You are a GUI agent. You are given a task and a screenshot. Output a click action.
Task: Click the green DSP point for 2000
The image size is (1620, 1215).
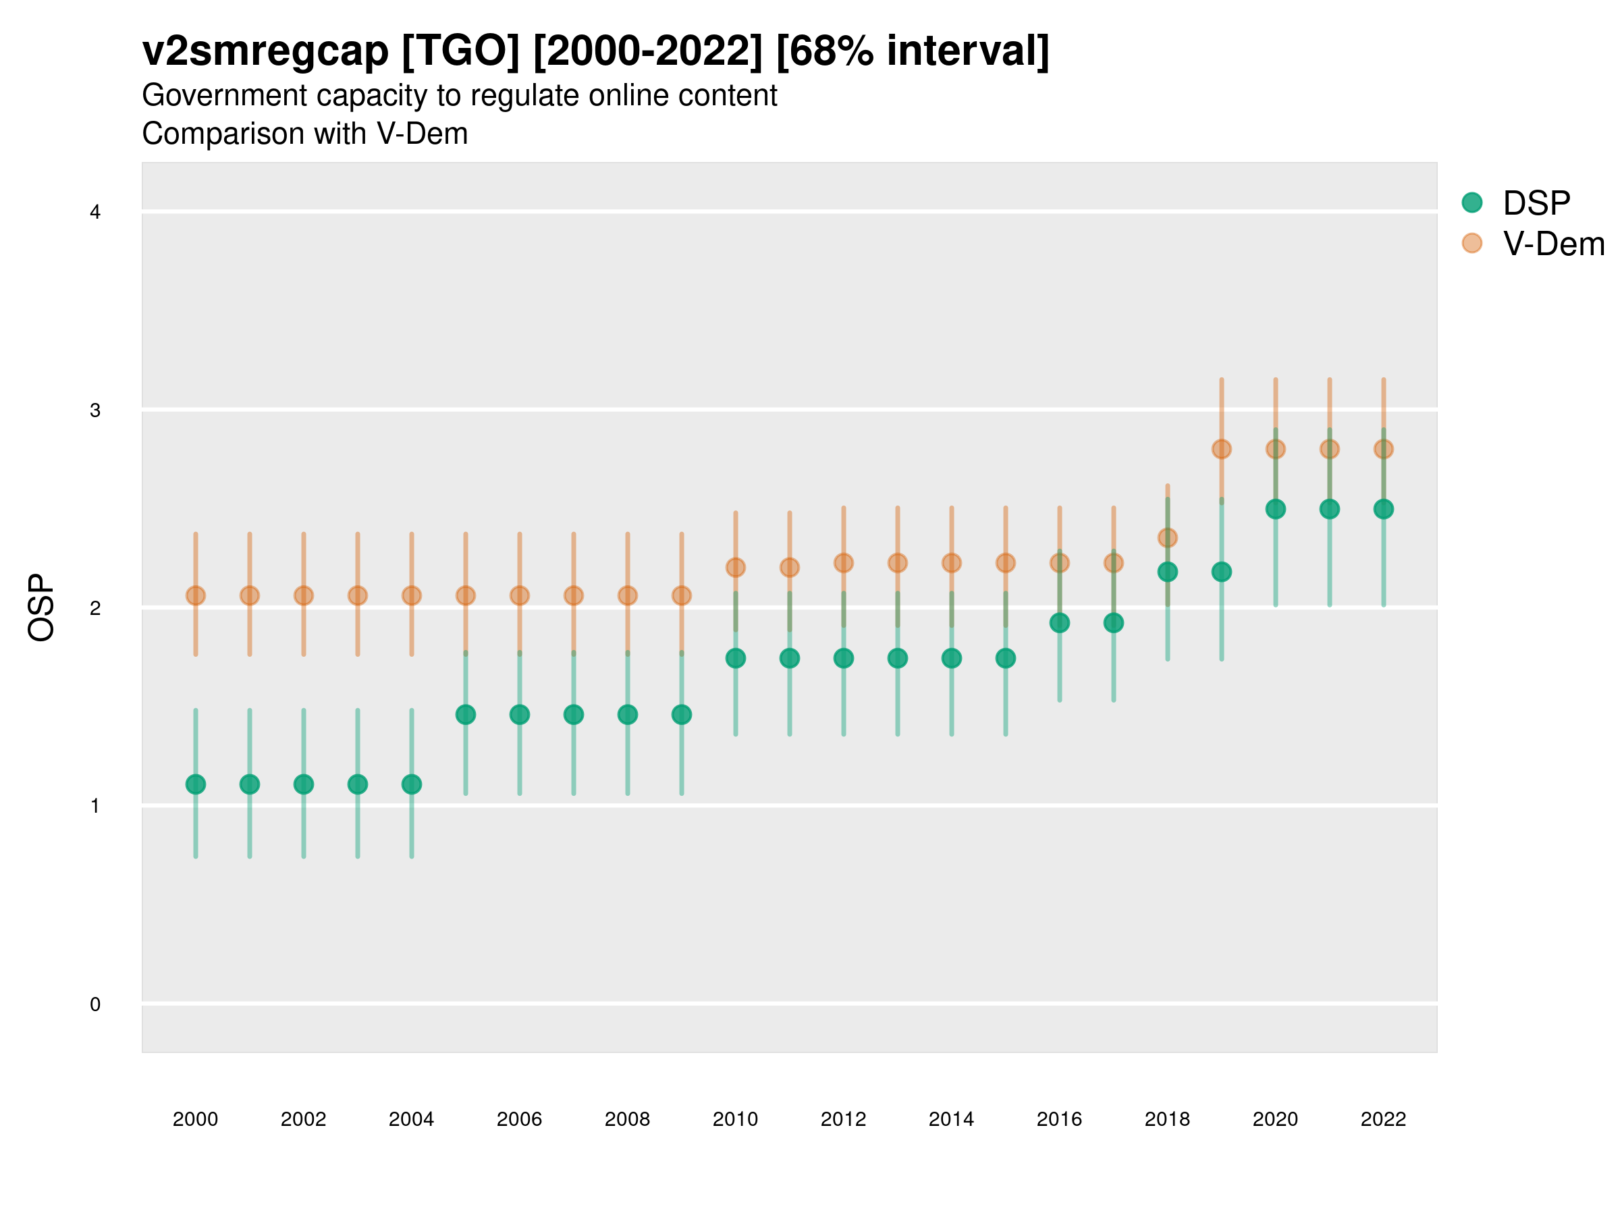(196, 784)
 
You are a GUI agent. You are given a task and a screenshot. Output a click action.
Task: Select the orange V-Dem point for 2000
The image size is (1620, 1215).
(196, 595)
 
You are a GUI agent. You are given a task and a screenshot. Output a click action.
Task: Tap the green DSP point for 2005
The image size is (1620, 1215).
(466, 714)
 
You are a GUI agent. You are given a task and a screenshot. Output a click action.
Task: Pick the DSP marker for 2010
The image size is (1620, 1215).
(735, 658)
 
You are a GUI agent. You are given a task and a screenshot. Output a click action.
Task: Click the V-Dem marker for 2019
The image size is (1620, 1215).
(1222, 449)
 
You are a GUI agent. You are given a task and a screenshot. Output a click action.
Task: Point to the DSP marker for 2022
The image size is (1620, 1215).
(1384, 509)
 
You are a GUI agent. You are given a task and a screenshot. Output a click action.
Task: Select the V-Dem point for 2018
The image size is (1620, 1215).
(1167, 538)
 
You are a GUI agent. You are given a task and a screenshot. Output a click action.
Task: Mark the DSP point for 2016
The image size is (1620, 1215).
(1060, 622)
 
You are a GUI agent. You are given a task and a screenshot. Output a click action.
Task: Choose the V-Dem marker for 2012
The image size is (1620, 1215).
(844, 562)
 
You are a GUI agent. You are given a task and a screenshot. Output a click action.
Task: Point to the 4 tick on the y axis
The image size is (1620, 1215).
(95, 213)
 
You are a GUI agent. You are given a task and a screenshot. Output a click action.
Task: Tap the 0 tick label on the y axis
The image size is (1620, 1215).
(95, 1004)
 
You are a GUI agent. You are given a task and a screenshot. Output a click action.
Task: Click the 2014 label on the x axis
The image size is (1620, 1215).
(951, 1119)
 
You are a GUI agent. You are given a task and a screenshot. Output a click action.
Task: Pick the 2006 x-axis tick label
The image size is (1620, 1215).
(519, 1119)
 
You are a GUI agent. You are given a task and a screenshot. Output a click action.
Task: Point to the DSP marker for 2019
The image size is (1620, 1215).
(1222, 571)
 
